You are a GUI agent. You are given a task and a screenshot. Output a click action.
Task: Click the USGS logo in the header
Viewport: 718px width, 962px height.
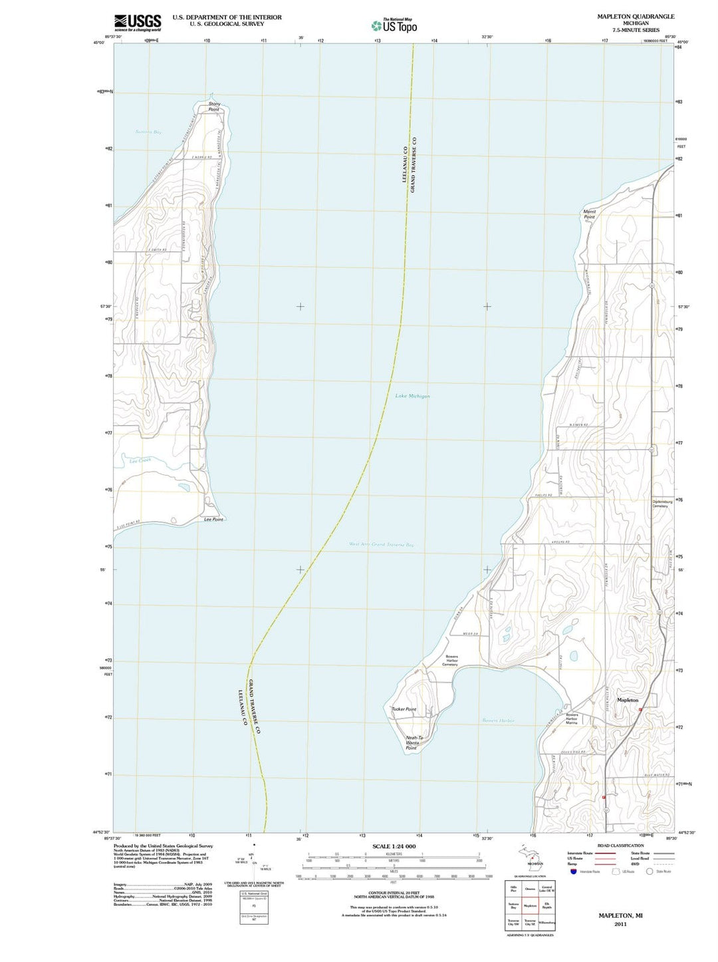(138, 23)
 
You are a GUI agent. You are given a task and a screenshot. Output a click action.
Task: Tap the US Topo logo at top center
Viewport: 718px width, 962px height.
(395, 26)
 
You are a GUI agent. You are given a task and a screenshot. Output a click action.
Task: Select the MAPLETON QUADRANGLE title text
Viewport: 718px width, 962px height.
(626, 17)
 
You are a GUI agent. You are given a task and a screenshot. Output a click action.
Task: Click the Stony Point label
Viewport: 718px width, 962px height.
(214, 106)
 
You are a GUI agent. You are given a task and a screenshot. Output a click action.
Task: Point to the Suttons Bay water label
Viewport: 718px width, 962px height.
(148, 132)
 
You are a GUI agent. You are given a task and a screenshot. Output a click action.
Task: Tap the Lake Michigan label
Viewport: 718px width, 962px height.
(412, 396)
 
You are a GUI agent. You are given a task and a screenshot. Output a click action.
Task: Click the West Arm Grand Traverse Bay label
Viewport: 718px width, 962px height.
(382, 544)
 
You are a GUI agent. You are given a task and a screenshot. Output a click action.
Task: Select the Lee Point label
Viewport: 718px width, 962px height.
(213, 520)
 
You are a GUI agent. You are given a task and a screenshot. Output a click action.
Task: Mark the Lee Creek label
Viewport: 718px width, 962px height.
(140, 460)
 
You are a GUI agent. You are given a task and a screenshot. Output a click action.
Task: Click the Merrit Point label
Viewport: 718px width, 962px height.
(589, 214)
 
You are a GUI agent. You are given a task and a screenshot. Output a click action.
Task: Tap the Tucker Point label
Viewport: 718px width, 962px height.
(404, 709)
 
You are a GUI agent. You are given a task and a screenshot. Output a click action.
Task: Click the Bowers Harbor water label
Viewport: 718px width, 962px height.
(498, 721)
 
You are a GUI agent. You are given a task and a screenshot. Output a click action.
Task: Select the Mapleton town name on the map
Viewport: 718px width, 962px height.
(627, 700)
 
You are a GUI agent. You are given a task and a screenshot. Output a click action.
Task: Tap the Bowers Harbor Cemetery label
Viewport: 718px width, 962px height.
(451, 660)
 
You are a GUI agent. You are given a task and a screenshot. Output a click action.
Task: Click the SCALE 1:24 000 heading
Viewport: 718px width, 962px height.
(394, 846)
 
